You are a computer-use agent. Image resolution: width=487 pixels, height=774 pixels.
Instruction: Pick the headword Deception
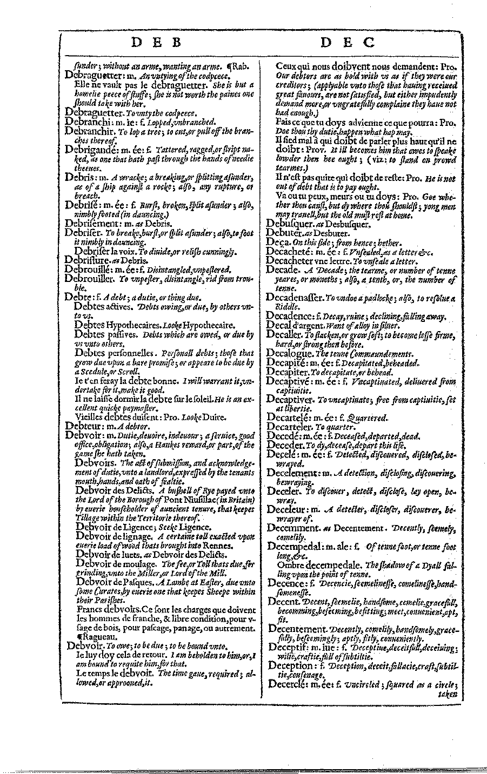tap(291, 665)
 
